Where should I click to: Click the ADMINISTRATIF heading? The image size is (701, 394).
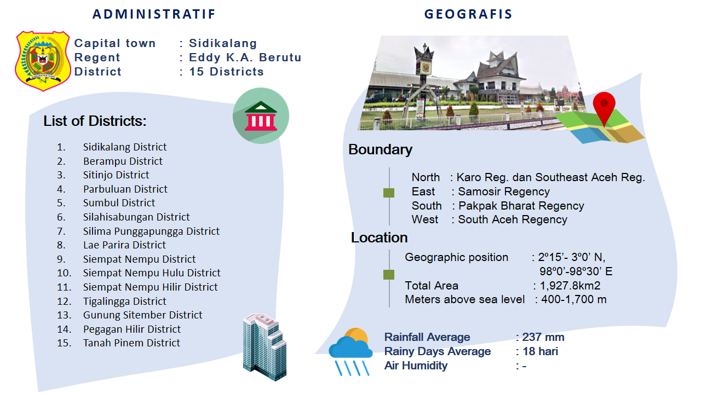(x=154, y=14)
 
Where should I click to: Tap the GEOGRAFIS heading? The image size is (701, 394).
(x=468, y=14)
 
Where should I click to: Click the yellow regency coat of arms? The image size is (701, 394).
(x=43, y=61)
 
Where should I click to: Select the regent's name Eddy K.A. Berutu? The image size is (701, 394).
(x=245, y=57)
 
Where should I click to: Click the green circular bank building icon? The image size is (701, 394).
(x=261, y=115)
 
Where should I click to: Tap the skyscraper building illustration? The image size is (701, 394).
(x=265, y=347)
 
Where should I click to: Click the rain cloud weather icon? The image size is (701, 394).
(x=350, y=351)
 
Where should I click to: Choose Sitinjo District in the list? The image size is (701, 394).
(x=116, y=175)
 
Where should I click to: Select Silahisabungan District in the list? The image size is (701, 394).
(x=136, y=217)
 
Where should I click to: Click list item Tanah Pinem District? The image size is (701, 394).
(x=131, y=343)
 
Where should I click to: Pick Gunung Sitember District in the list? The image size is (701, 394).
(x=143, y=315)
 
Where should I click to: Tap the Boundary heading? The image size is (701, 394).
(x=380, y=149)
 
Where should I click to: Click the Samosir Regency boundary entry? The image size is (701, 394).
(x=504, y=192)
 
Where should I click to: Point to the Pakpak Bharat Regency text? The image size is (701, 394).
(x=521, y=206)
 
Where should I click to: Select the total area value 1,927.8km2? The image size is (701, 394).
(x=570, y=286)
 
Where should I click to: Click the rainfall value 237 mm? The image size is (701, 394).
(x=543, y=337)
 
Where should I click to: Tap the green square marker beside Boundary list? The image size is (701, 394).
(x=389, y=193)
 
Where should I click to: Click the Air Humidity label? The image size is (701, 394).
(x=416, y=366)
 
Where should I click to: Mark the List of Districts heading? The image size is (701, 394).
(x=95, y=121)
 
